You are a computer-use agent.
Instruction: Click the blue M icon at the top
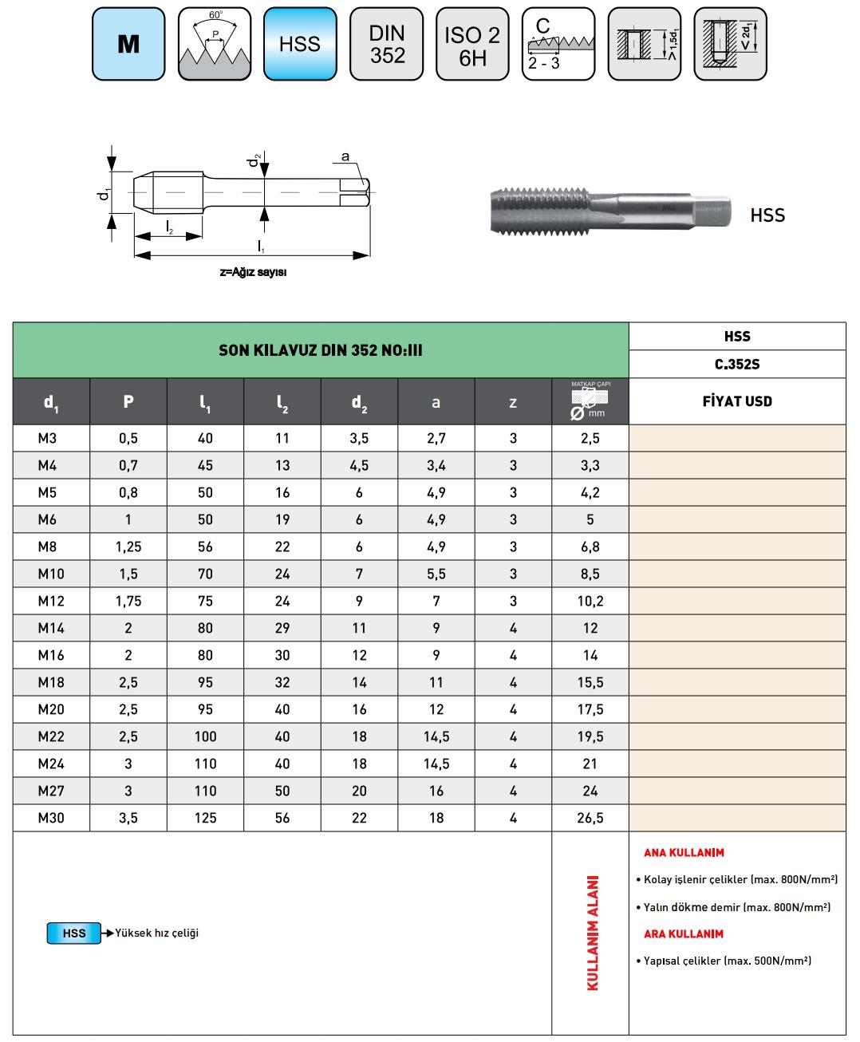point(128,44)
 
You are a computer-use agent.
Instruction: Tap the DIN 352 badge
point(387,44)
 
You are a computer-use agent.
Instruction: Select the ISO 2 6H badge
point(472,44)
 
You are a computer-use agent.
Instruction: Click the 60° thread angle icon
point(215,44)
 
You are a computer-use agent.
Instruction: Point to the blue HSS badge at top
point(300,44)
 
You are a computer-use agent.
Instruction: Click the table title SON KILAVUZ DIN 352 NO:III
point(321,350)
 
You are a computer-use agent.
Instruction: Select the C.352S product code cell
point(737,364)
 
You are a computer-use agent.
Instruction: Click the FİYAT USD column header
point(737,401)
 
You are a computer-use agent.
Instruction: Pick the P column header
point(128,401)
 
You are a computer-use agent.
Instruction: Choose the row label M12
point(51,601)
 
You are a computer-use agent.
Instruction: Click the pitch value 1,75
point(128,601)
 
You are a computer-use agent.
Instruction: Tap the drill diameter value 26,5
point(590,818)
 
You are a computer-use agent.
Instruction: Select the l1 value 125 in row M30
point(205,818)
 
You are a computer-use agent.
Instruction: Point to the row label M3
point(51,438)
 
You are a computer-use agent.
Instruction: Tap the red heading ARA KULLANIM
point(684,933)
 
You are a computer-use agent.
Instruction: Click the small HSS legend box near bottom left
point(74,933)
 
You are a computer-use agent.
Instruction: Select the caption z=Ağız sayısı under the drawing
point(253,272)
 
